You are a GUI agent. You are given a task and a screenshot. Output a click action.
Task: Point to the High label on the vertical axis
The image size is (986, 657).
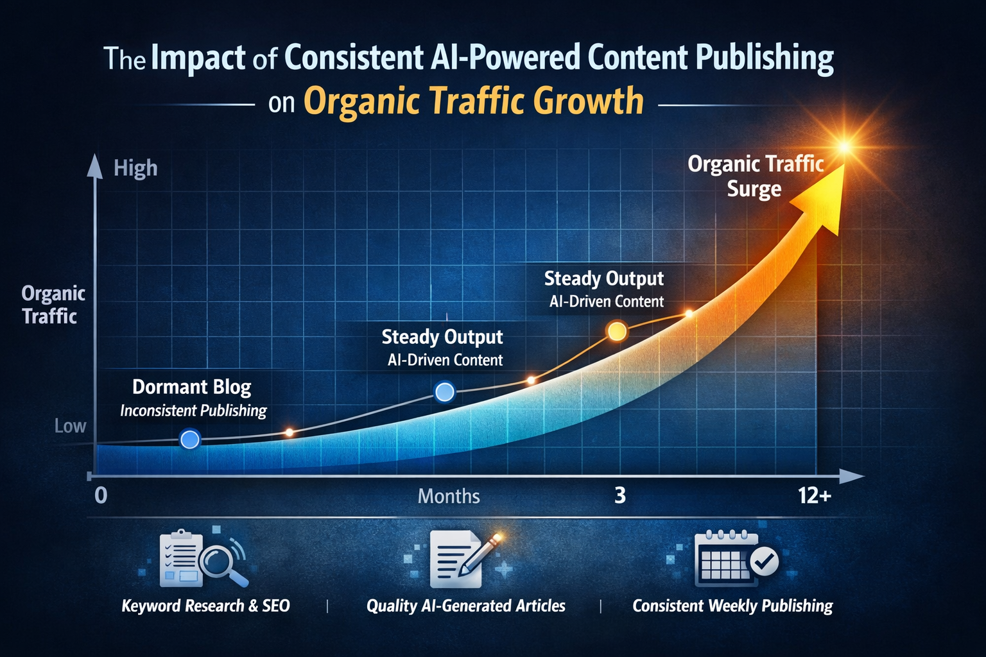click(135, 169)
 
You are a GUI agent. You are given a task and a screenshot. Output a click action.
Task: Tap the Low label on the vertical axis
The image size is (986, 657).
click(70, 426)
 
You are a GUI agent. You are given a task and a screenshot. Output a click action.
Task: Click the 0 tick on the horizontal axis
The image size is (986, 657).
click(101, 496)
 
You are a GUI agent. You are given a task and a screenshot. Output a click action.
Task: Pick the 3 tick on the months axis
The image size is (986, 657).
click(619, 496)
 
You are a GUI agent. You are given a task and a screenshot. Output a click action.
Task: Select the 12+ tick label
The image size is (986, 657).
click(815, 496)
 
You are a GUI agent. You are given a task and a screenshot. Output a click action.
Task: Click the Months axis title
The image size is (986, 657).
click(449, 496)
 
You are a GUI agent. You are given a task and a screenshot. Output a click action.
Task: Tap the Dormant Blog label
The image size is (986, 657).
click(191, 387)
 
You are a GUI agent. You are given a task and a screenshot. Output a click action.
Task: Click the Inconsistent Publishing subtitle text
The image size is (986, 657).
click(193, 411)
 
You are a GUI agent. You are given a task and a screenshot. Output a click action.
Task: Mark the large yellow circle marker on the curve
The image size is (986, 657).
click(616, 331)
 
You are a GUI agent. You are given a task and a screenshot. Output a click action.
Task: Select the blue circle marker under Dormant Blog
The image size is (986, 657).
click(190, 439)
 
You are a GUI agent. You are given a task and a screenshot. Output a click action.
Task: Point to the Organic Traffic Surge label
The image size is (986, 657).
click(755, 176)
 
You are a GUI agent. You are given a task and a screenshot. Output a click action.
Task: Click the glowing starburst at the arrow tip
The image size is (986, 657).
click(844, 147)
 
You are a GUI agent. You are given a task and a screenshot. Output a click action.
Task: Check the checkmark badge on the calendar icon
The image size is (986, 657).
click(763, 561)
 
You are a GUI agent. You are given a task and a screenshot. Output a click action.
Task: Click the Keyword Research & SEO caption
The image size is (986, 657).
click(205, 606)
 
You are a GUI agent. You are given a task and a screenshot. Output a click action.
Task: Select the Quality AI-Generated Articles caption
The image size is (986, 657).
click(465, 606)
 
